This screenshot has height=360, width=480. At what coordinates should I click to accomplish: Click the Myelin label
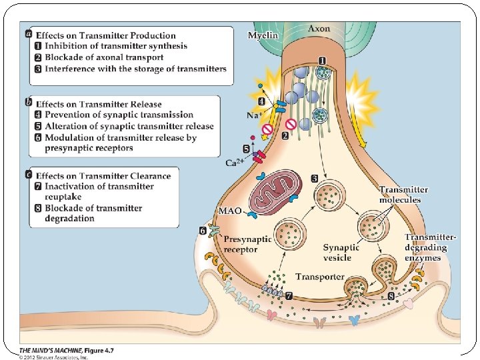point(263,35)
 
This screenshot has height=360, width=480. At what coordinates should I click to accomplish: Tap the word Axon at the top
point(319,29)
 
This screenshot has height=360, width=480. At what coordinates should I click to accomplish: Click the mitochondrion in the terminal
point(273,193)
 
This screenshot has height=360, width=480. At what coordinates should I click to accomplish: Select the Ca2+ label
point(235,163)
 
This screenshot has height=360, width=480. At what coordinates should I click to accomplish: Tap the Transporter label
point(320,277)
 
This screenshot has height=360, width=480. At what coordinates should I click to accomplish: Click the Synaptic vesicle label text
point(342,252)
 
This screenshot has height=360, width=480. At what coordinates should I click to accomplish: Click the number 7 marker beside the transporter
point(289,294)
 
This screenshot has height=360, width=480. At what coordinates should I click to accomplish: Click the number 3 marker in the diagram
point(314,178)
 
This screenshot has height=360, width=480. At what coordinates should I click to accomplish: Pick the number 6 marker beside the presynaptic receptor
point(202,231)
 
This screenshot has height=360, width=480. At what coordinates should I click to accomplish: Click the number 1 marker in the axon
point(321,60)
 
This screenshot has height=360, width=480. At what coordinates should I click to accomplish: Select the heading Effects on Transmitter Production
point(106,35)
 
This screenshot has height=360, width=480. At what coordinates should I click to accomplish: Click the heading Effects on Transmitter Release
point(99,104)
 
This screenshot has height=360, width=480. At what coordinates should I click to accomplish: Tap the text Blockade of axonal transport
point(104,57)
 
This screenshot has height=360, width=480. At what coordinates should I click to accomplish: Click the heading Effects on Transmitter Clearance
point(103,176)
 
